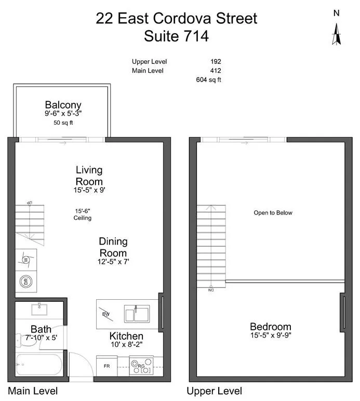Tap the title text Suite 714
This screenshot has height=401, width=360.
coord(177,36)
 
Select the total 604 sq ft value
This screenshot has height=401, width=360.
coord(208,79)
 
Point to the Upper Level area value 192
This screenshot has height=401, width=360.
coord(216,61)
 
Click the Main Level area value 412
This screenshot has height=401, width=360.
coord(216,71)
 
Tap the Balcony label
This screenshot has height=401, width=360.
coord(63,104)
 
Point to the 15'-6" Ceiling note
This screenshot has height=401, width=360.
coord(82,214)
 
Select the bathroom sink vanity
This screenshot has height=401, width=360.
coord(39,310)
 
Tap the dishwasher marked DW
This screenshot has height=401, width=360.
coord(106,313)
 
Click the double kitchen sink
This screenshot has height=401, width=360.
coord(136,314)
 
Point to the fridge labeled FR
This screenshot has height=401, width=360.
coord(106,366)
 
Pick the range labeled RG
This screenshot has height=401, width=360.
coord(141,367)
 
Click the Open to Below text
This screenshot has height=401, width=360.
coord(273,213)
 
